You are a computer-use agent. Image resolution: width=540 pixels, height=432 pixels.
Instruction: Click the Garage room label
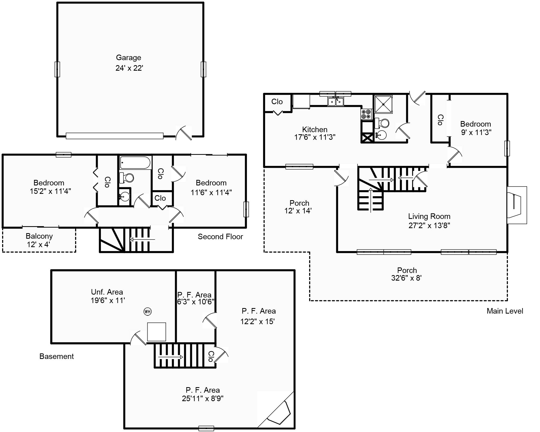click(129, 57)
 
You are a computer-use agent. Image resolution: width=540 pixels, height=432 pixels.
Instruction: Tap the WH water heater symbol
click(148, 311)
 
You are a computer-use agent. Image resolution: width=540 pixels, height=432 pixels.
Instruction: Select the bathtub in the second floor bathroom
click(135, 162)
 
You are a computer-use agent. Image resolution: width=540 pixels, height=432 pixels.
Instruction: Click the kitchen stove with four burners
click(366, 114)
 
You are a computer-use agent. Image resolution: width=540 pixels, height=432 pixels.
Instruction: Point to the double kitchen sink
click(336, 102)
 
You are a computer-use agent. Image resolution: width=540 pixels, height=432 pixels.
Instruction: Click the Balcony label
click(39, 236)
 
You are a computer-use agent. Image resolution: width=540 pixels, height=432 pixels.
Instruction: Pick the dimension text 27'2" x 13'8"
click(429, 225)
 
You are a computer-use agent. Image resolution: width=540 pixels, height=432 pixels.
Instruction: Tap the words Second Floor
click(220, 237)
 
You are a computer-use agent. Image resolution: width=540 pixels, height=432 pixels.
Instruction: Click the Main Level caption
click(505, 311)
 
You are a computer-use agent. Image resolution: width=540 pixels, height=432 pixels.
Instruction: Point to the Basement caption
click(57, 356)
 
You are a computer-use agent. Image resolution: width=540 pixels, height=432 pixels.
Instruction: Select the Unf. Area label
click(107, 292)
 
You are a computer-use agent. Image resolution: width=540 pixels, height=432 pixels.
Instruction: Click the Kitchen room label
click(315, 129)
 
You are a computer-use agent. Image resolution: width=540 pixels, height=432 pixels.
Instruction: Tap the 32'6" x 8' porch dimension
click(406, 278)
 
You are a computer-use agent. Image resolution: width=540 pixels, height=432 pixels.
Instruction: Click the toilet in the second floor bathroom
click(127, 177)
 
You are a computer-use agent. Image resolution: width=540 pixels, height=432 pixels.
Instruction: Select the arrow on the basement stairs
click(171, 357)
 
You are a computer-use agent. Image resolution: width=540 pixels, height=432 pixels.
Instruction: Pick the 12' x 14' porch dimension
click(298, 211)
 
